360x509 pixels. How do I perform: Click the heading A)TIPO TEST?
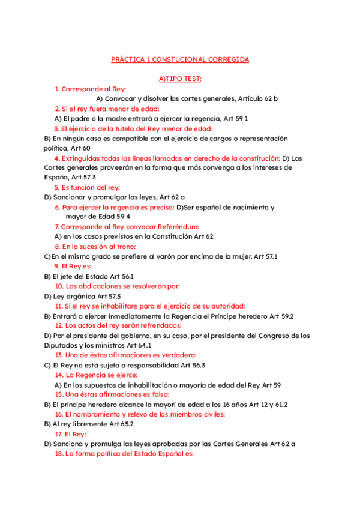click(180, 79)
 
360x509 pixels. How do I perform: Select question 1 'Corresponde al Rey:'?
click(94, 89)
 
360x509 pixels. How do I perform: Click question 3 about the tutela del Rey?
click(133, 128)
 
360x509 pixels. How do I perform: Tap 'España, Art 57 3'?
click(70, 177)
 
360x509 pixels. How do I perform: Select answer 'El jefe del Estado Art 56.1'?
click(85, 276)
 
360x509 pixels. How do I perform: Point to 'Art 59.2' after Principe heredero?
click(280, 315)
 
